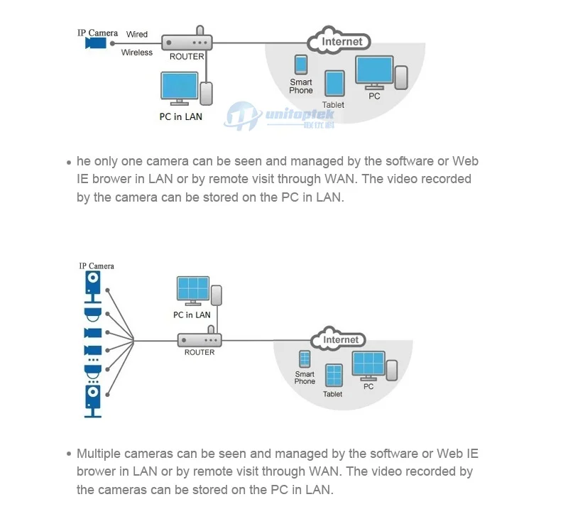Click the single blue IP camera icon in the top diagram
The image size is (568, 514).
coord(96,43)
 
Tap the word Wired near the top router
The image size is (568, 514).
coord(137,34)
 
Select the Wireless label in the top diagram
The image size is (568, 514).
coord(137,53)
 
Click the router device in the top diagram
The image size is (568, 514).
coord(187,39)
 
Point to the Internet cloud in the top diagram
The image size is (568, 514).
coord(339,41)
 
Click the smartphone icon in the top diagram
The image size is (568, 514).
coord(301,65)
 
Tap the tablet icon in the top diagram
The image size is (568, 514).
coord(335,84)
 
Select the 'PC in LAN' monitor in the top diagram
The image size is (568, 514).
coord(180,88)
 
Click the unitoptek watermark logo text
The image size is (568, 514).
coord(300,114)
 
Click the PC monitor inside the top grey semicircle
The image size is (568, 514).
coord(375,72)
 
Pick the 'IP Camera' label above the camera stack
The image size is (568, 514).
coord(97,266)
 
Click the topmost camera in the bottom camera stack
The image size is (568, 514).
coord(93,287)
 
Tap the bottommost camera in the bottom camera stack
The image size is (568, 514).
coord(93,401)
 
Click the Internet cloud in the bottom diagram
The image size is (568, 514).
coord(339,339)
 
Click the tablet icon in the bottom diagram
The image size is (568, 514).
coord(334,376)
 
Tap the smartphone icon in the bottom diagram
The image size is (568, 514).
coord(305,359)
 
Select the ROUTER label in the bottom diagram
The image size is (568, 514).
coord(200,352)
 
